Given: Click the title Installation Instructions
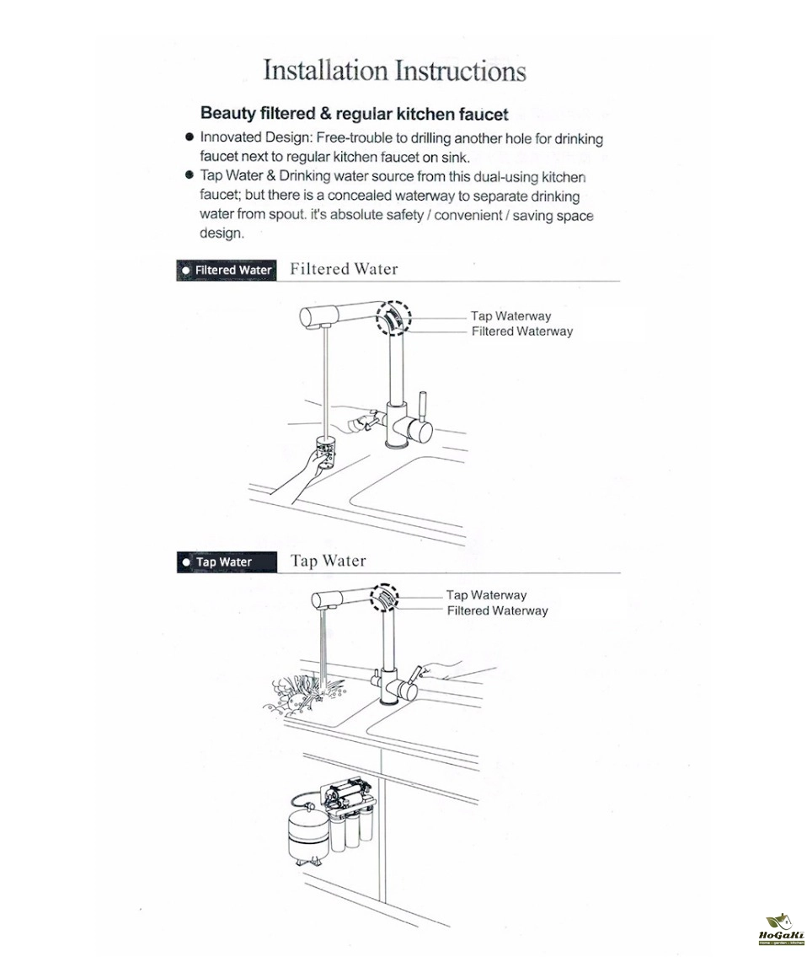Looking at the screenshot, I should (x=394, y=70).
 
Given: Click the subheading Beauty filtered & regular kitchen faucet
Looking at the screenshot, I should (x=354, y=114).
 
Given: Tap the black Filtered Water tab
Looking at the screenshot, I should (x=227, y=270).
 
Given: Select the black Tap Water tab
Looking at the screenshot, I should (x=227, y=562).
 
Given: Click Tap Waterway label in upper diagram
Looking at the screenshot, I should (x=510, y=316).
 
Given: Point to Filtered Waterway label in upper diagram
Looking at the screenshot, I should (x=521, y=331).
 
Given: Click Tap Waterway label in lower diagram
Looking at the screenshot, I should (x=486, y=595).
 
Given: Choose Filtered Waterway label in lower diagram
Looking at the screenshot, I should (x=497, y=610).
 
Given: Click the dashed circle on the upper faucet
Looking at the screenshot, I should (x=393, y=319).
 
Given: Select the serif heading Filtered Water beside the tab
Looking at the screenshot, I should (x=344, y=269).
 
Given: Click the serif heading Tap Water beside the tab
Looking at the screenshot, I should (x=329, y=561).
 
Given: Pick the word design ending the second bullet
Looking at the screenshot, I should (x=221, y=234).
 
